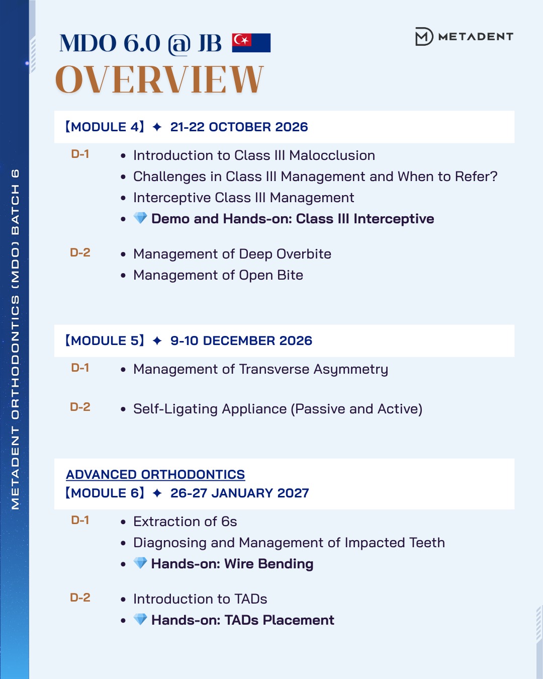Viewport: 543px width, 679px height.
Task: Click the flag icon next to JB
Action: [x=251, y=43]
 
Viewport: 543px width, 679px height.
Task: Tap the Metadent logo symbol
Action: [x=423, y=37]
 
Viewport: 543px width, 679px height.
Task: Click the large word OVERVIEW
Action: [x=159, y=79]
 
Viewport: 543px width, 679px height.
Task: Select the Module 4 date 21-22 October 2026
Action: [x=239, y=127]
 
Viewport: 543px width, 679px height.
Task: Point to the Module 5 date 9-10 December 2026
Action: [x=241, y=341]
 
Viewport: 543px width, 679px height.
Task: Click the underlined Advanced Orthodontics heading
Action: [x=155, y=474]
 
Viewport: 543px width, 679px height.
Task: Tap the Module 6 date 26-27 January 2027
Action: [x=239, y=493]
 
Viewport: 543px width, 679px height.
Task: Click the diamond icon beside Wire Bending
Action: [x=140, y=563]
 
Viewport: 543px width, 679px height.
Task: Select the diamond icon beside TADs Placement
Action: [x=140, y=619]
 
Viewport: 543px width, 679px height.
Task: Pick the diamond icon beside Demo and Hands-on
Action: [x=140, y=218]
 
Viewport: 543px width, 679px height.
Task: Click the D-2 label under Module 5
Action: [x=80, y=407]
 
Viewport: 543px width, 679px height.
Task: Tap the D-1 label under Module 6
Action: [x=80, y=520]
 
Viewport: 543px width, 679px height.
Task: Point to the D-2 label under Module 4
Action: [x=80, y=252]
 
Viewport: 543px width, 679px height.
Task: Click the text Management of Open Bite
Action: [x=218, y=275]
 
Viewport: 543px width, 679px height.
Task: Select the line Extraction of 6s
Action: [x=185, y=522]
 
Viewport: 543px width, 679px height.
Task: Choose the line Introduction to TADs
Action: [x=200, y=599]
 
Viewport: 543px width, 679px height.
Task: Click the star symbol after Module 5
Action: [x=157, y=341]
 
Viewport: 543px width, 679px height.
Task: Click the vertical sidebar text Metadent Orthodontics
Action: [x=15, y=339]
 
